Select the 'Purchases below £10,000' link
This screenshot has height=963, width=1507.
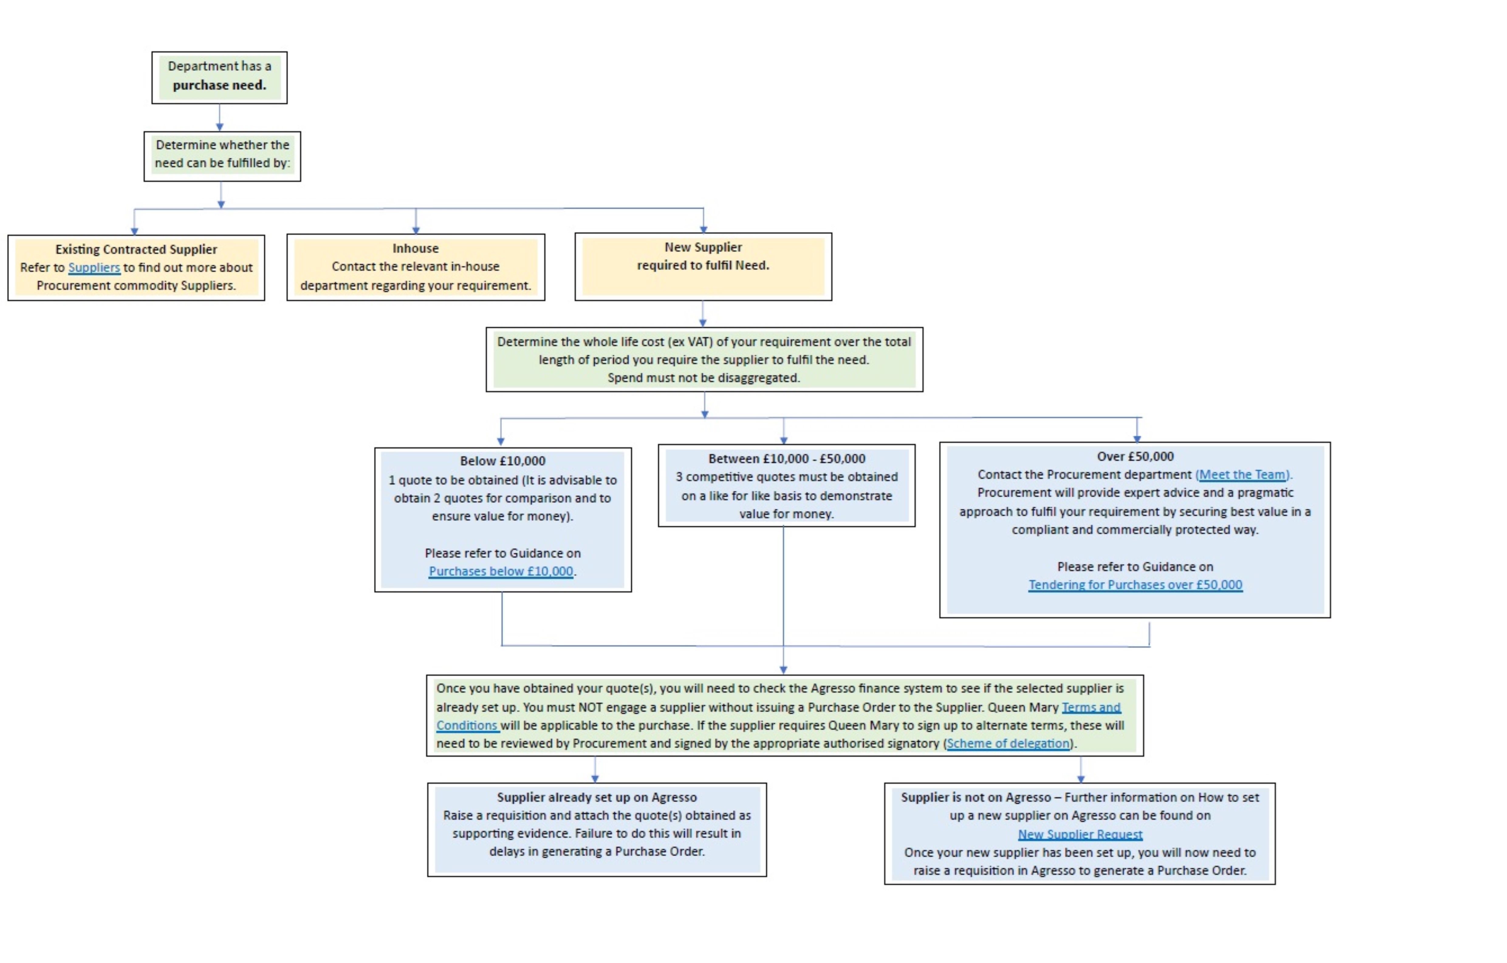[501, 571]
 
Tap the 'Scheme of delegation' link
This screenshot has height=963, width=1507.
[1008, 743]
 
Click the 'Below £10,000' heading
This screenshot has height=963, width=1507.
[502, 461]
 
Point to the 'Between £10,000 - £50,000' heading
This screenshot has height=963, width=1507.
[787, 459]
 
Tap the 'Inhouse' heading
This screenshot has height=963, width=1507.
[416, 248]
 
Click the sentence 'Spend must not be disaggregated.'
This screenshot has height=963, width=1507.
[704, 378]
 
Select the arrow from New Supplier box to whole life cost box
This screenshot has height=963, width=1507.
[703, 313]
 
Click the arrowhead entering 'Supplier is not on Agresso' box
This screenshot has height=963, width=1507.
[1081, 779]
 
